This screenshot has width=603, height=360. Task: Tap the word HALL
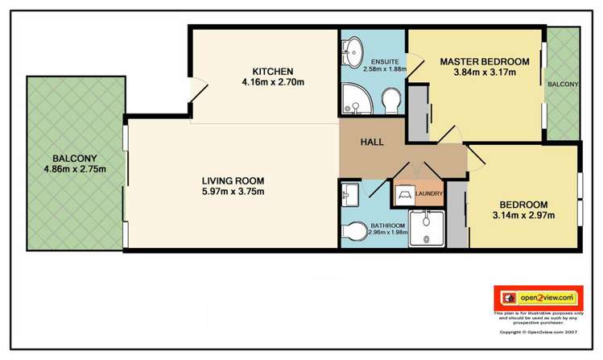[371, 143]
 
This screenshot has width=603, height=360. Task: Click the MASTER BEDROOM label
[484, 61]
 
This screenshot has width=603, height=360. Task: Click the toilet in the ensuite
[390, 102]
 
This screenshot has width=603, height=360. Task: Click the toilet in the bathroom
[353, 230]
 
